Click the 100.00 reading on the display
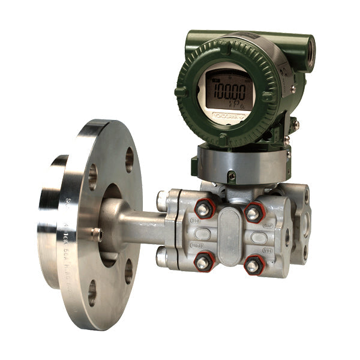[230, 92]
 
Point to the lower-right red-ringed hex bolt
[253, 265]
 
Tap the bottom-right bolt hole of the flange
[128, 271]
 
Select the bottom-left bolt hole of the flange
[91, 292]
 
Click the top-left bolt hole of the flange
[92, 177]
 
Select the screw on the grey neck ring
[232, 176]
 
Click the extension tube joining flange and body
[135, 227]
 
